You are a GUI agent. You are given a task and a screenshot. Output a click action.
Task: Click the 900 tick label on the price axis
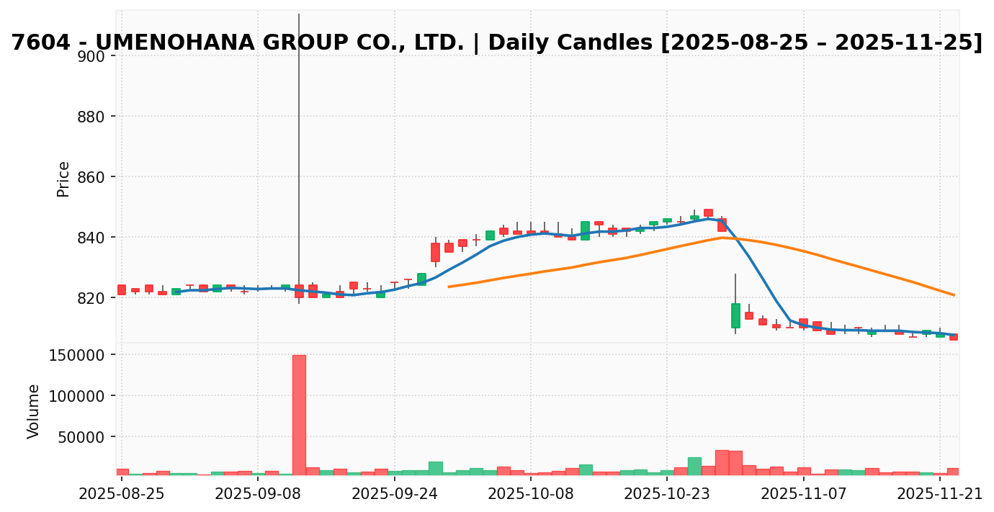tap(91, 56)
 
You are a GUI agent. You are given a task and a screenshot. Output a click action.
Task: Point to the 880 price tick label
tap(91, 117)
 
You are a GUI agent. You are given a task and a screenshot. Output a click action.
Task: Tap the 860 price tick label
tap(91, 177)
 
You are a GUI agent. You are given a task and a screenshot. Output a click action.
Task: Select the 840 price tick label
tap(91, 238)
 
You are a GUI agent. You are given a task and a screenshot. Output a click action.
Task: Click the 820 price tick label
tap(91, 298)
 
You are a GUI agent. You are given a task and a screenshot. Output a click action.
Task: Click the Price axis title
tap(63, 179)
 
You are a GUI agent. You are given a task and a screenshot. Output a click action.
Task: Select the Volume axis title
tap(34, 411)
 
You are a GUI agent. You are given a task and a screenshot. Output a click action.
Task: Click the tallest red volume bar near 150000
tap(299, 415)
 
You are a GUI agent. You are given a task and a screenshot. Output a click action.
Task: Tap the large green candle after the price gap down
tap(735, 315)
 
